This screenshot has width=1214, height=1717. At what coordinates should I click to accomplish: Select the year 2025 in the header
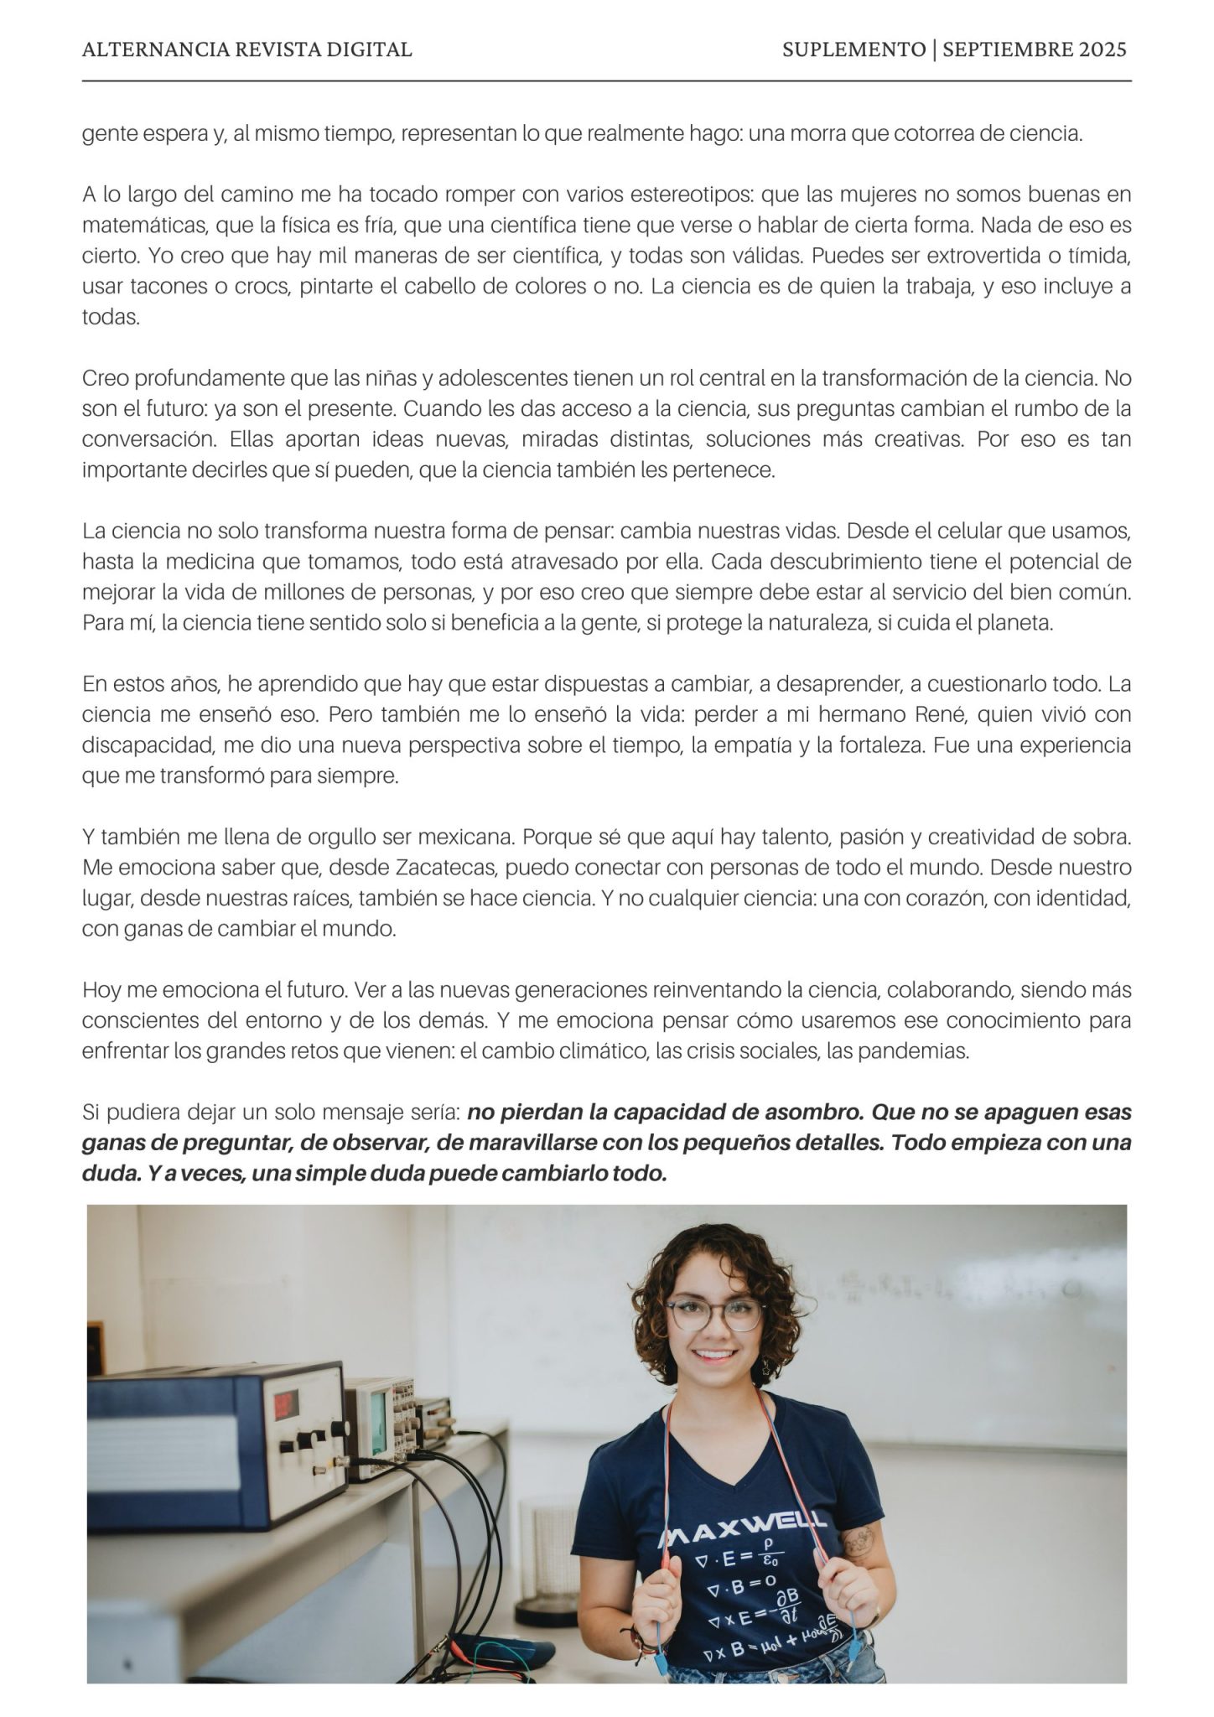(1102, 49)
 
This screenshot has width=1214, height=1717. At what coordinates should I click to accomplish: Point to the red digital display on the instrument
(287, 1401)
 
